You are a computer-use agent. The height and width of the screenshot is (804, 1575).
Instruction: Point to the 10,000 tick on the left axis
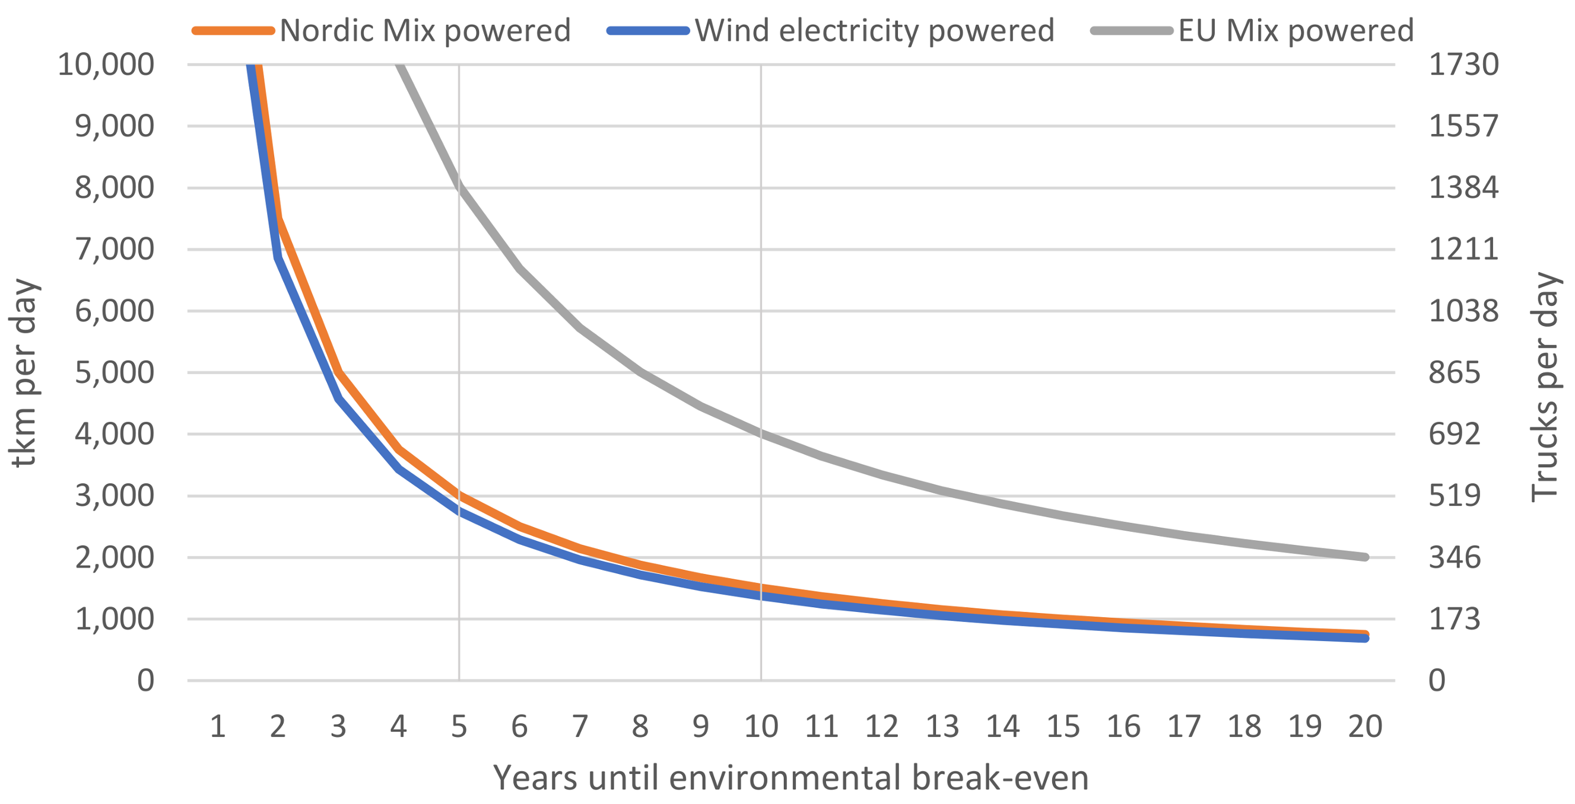(x=106, y=64)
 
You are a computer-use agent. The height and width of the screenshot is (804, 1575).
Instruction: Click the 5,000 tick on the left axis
(x=115, y=373)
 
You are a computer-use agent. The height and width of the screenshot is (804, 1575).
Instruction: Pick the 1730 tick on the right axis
(x=1463, y=64)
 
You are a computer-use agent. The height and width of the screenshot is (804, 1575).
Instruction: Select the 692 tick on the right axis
(x=1454, y=435)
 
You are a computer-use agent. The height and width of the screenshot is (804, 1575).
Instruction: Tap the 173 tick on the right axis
(x=1454, y=619)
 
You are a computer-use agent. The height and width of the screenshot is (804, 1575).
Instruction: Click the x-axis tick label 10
(x=761, y=727)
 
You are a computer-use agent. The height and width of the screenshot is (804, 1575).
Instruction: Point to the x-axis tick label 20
(x=1366, y=727)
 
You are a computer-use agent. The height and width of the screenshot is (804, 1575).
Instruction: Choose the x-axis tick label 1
(x=218, y=727)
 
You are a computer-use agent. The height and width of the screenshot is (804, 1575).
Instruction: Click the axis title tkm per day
(x=24, y=373)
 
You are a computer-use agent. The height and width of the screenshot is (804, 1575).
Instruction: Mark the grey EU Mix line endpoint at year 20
(x=1366, y=557)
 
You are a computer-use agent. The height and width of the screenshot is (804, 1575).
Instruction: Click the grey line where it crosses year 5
(x=459, y=186)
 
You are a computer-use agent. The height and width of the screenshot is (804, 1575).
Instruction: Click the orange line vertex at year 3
(x=339, y=373)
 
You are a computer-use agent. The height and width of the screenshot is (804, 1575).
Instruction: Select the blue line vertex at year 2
(x=278, y=257)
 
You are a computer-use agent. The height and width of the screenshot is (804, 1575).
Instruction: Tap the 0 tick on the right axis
(x=1437, y=681)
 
